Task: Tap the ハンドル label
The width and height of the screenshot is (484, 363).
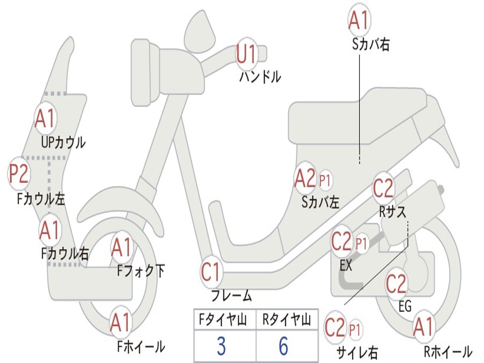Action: click(260, 76)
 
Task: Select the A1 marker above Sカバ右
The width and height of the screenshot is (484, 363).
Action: click(358, 19)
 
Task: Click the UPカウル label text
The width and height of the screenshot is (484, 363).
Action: click(63, 142)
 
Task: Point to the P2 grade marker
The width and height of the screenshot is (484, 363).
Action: click(19, 173)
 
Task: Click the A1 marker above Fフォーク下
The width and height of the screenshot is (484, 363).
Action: click(122, 247)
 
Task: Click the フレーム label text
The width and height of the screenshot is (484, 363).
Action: click(231, 296)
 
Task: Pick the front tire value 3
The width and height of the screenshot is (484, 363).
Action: click(221, 346)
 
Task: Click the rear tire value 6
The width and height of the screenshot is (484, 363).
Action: click(284, 346)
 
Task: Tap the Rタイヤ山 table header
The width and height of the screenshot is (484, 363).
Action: click(286, 321)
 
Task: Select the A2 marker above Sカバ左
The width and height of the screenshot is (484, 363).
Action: click(305, 178)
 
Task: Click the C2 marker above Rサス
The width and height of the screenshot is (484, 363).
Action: click(383, 189)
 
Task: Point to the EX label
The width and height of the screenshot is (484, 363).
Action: click(346, 266)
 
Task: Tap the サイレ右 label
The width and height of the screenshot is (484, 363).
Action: click(357, 352)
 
